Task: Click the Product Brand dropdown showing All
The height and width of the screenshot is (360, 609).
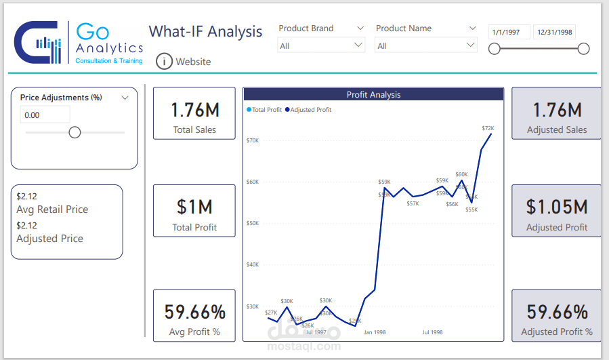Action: (322, 45)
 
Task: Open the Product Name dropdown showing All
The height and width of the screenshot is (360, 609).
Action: (426, 45)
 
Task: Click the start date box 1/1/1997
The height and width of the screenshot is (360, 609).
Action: (509, 32)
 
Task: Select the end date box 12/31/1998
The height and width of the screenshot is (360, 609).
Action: (553, 32)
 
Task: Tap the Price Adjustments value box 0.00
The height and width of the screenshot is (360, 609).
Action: (45, 115)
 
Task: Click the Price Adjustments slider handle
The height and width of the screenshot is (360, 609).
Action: (75, 132)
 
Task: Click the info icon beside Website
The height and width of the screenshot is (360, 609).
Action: (164, 62)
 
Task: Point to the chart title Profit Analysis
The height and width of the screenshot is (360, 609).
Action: (373, 95)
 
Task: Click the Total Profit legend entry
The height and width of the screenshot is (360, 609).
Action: (265, 110)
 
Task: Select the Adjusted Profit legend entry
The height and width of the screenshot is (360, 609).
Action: (309, 110)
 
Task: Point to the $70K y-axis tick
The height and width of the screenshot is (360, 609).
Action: (252, 140)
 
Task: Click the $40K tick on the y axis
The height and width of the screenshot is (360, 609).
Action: (252, 264)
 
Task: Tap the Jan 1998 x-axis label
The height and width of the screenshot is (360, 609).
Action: (374, 333)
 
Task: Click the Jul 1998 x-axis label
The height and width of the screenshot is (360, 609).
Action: (432, 333)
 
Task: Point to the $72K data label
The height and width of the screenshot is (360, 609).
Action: (488, 128)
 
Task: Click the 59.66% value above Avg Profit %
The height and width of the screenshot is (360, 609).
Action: (194, 313)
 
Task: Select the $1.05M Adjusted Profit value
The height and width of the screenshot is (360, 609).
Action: (557, 207)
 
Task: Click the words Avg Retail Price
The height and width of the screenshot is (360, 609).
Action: (52, 209)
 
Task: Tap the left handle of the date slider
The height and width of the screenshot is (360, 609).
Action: (495, 49)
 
